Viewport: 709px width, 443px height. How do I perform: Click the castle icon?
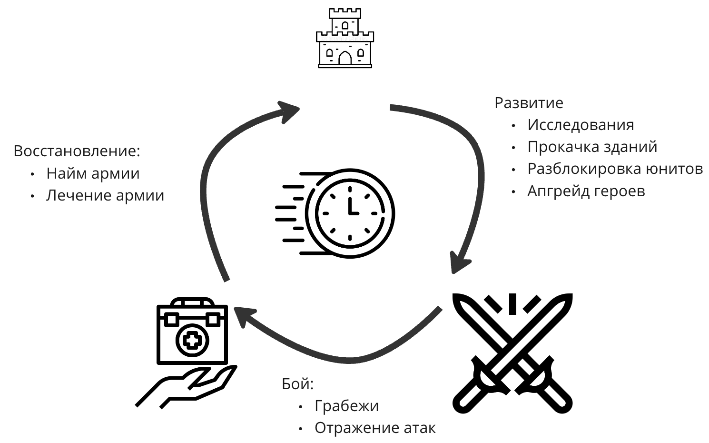(x=345, y=38)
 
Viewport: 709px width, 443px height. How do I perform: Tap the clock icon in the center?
(x=350, y=213)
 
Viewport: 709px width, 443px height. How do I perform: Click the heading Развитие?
(x=529, y=103)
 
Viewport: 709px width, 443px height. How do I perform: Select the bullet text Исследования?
(x=581, y=125)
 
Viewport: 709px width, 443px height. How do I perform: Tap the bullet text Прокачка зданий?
(x=592, y=147)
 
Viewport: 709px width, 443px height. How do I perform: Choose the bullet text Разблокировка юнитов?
(x=615, y=169)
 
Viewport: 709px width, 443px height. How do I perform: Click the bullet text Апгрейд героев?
(x=586, y=191)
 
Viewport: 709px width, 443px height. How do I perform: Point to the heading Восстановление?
(x=77, y=151)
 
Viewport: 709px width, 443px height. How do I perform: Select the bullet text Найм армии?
(x=93, y=173)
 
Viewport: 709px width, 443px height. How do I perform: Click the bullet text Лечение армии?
(x=105, y=195)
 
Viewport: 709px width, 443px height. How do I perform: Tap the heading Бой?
(x=298, y=384)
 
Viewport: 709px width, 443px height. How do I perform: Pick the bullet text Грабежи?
(x=346, y=406)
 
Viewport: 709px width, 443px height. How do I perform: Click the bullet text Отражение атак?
(x=374, y=428)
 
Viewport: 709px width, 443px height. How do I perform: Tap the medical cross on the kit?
(x=192, y=340)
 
